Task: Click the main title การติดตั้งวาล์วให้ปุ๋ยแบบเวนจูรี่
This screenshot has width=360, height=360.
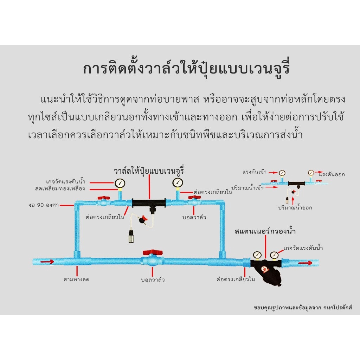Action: (x=186, y=68)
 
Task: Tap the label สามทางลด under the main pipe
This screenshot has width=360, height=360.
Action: (x=76, y=279)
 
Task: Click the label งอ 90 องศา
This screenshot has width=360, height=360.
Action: (x=44, y=205)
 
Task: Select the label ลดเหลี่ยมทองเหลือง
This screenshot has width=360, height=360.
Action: (x=60, y=189)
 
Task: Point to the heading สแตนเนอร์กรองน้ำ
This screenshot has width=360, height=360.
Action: (x=265, y=231)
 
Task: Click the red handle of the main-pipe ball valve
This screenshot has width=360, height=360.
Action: (x=153, y=253)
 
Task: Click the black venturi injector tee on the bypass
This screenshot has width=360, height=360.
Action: (x=149, y=204)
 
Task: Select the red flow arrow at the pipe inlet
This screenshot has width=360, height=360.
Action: (x=47, y=262)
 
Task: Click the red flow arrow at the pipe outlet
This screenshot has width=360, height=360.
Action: (x=305, y=263)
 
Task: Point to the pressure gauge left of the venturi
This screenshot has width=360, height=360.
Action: (x=120, y=183)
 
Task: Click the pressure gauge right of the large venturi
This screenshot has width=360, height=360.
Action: (x=178, y=183)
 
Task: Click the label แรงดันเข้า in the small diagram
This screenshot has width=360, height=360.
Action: (x=255, y=172)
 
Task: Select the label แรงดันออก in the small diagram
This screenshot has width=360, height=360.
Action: (x=332, y=174)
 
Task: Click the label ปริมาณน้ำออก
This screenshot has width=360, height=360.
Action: (x=295, y=208)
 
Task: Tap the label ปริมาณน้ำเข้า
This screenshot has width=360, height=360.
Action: (x=247, y=188)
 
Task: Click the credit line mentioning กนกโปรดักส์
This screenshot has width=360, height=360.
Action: (x=303, y=307)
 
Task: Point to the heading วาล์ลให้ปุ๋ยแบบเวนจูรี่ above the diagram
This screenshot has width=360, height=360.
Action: (x=149, y=171)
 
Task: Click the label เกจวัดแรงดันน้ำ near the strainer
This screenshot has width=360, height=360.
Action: (x=303, y=248)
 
